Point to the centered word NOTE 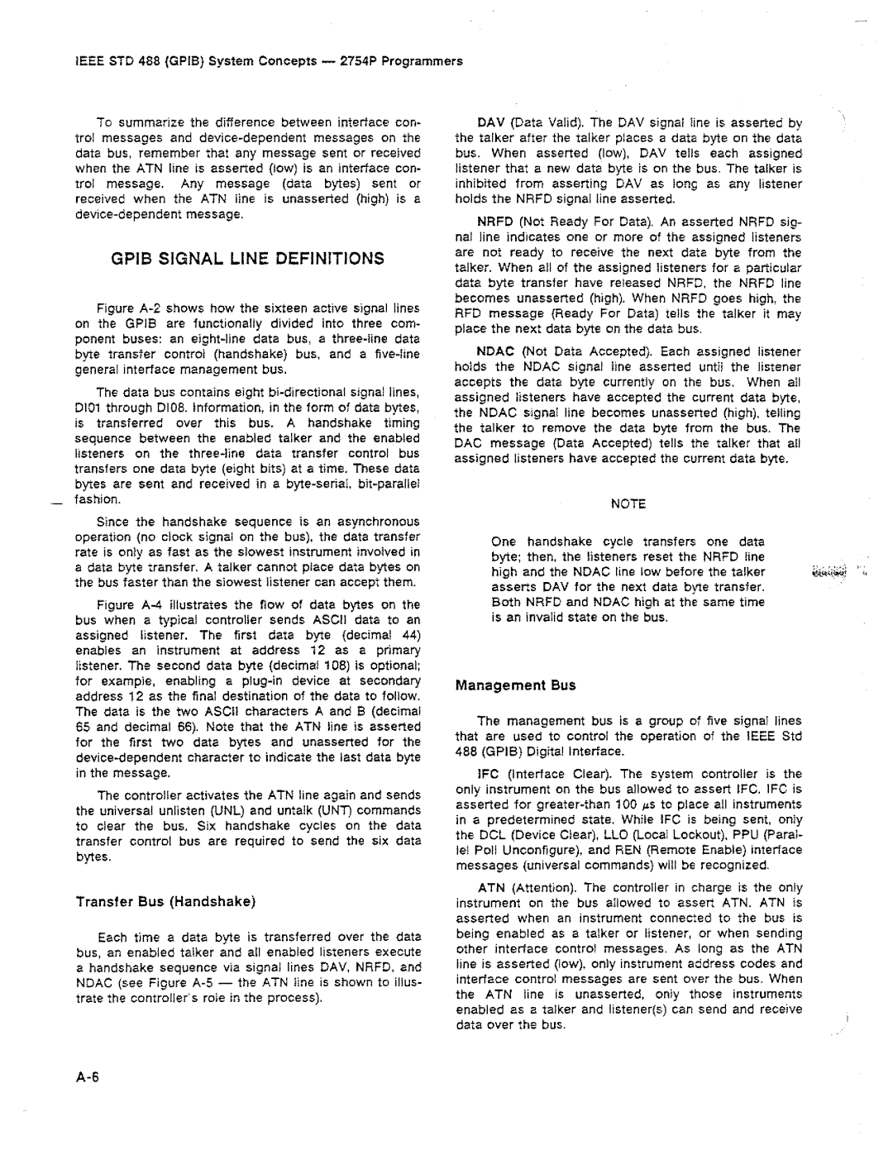[628, 504]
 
